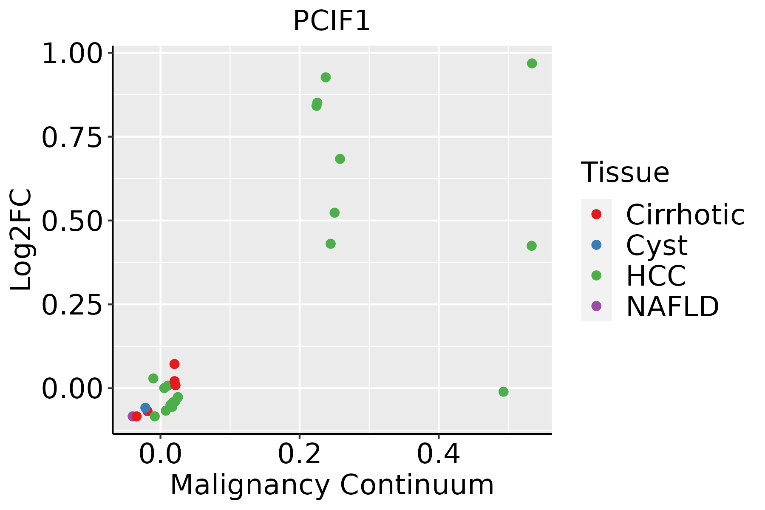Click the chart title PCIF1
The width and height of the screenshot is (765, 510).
[332, 21]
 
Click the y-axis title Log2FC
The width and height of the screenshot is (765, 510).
[21, 240]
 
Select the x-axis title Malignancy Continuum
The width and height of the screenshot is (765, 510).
[332, 485]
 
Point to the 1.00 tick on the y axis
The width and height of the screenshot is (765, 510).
[72, 53]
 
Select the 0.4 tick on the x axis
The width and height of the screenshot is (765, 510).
[439, 455]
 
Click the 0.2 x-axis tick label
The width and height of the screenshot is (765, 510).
[299, 455]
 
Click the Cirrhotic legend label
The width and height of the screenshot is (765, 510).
[685, 215]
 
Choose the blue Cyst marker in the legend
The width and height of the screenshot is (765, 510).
[596, 245]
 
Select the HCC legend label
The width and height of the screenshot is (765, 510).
[656, 275]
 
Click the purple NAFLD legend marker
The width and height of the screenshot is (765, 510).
[596, 306]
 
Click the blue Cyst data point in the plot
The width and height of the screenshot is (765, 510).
[145, 408]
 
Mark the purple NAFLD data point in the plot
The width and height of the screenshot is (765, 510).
[132, 416]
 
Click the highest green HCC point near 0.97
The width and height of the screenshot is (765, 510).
[532, 63]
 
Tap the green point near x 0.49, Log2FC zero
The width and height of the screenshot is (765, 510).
[504, 391]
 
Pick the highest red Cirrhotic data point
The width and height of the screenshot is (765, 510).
[174, 364]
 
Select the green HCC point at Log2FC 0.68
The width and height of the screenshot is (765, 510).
[340, 159]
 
